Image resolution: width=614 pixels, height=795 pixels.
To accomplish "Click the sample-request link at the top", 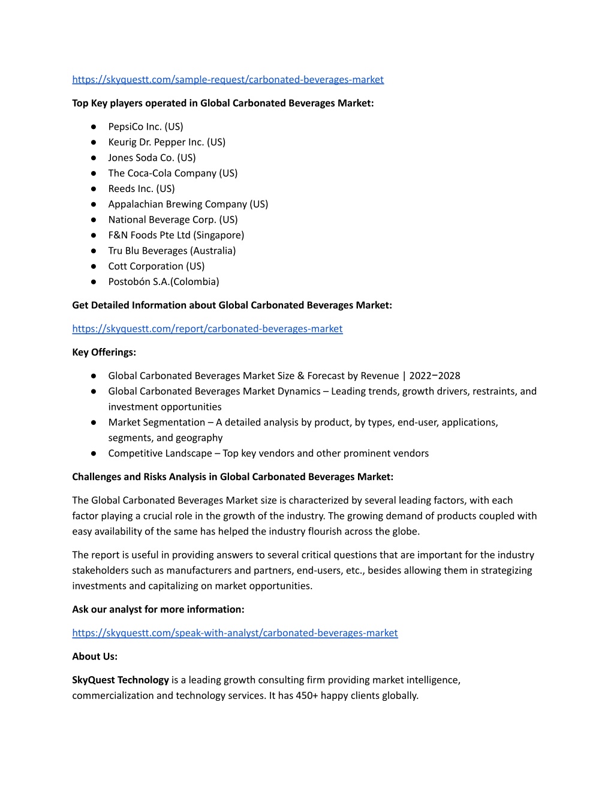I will click(x=228, y=80).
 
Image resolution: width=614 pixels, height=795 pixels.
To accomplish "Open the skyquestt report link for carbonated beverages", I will click(x=207, y=329).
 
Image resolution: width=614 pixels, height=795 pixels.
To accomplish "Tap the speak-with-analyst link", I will click(x=235, y=633).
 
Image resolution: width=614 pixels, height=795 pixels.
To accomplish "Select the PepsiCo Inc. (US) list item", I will click(x=146, y=127).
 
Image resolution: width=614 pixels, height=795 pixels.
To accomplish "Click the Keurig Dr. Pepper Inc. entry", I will click(x=167, y=142).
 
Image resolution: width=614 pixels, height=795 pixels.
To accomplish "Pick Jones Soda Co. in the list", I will click(x=152, y=158).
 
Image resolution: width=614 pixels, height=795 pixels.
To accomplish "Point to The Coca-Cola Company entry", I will click(x=173, y=173).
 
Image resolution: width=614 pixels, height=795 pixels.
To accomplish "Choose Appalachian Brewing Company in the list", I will click(x=188, y=204).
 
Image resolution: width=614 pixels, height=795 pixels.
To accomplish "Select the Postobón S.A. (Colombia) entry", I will click(x=164, y=282).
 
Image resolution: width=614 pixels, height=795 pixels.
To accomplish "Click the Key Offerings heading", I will click(x=104, y=352).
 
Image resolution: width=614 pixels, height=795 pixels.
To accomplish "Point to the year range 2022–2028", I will click(x=435, y=376).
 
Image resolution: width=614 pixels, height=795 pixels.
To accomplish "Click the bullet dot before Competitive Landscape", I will click(x=94, y=454).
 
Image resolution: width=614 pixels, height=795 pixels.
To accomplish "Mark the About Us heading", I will click(x=95, y=656).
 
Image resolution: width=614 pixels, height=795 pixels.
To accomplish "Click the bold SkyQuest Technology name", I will click(x=121, y=680).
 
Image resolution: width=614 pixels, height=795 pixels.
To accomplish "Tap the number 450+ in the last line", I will click(x=307, y=696).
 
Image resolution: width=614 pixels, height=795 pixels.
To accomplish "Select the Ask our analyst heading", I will click(x=158, y=610).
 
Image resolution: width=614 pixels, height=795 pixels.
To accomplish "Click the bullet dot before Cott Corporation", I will click(x=94, y=266).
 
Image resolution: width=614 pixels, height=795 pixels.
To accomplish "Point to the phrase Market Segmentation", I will click(x=156, y=422).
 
